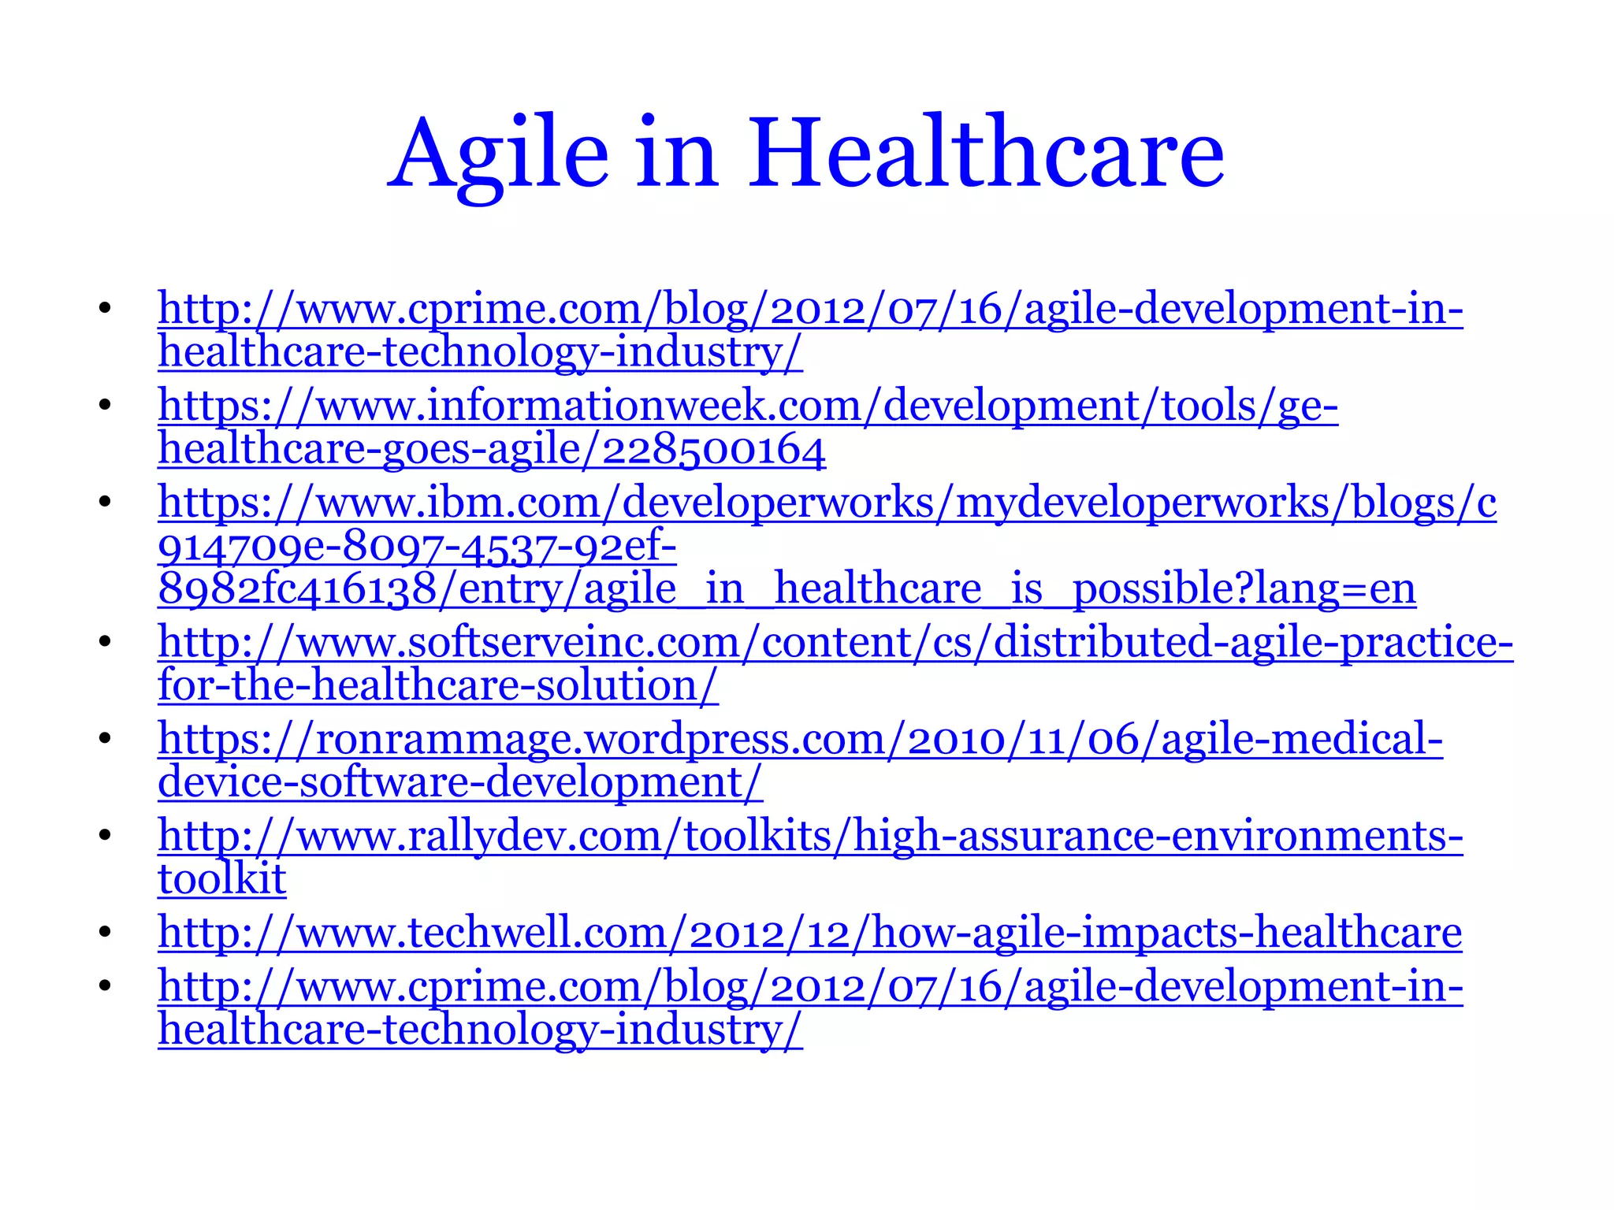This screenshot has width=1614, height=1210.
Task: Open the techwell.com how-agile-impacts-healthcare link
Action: pos(809,933)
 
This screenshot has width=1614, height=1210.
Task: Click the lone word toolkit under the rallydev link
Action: pos(221,879)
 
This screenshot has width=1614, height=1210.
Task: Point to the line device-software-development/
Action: pos(459,782)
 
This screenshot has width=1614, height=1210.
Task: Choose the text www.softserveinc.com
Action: pos(517,643)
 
